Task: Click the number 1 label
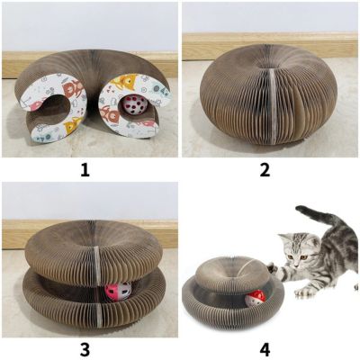85,170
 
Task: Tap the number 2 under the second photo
265,170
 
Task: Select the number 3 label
85,350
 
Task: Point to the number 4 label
265,350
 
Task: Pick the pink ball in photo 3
118,292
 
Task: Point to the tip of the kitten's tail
299,209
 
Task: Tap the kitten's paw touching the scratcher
272,267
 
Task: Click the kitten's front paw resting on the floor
301,291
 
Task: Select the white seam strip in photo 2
272,106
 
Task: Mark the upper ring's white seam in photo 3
96,260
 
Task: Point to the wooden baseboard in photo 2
270,46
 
